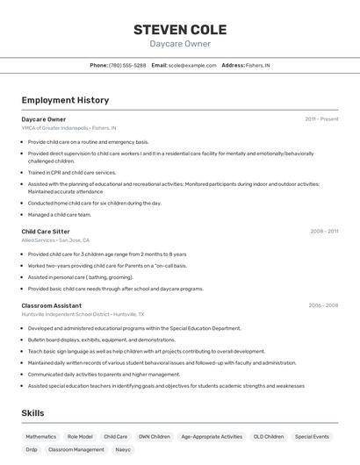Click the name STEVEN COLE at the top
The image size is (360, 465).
pos(180,29)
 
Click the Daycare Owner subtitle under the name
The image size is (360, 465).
pos(180,44)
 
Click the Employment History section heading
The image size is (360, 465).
pos(65,101)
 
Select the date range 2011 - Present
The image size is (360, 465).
pos(321,118)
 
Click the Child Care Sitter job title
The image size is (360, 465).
pos(46,232)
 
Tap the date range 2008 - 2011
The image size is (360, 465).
pos(324,232)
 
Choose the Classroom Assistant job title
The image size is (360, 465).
pos(51,305)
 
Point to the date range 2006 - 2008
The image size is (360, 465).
pos(323,305)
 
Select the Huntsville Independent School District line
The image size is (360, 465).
pos(83,313)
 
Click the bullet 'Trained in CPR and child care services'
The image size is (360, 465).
pos(72,173)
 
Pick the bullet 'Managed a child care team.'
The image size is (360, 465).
pos(60,214)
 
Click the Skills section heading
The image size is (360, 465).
pos(32,413)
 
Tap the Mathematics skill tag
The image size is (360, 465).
pos(40,436)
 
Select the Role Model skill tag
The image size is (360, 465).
pos(80,436)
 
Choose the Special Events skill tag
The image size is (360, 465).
pos(312,436)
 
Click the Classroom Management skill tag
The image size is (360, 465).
pos(76,449)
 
